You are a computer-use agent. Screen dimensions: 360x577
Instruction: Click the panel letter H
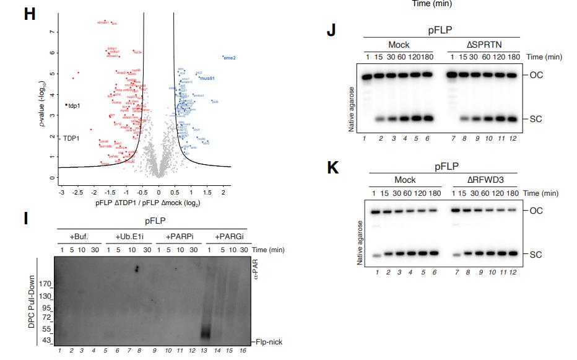tap(29, 14)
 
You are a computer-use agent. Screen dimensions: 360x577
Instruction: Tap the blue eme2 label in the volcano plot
tap(229, 58)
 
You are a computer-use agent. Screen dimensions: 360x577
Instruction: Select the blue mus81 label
tap(207, 79)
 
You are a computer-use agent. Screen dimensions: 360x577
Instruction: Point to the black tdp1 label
tap(74, 105)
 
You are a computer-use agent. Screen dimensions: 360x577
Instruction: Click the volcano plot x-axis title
tap(147, 203)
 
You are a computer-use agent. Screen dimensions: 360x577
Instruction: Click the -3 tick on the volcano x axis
tap(61, 193)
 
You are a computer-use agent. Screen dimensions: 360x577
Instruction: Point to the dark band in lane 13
tap(207, 331)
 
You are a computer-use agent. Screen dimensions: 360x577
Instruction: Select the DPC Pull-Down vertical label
tap(31, 301)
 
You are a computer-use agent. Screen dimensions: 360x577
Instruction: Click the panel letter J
tap(331, 30)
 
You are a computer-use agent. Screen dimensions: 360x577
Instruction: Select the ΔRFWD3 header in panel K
tap(484, 180)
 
